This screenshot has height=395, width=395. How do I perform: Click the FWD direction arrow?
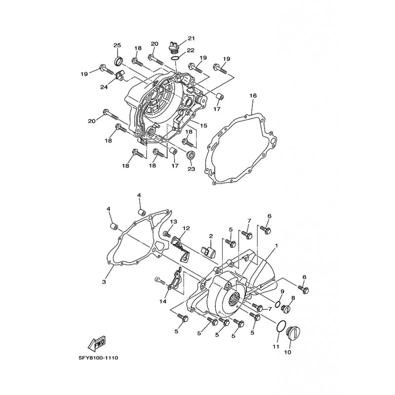tap(97, 342)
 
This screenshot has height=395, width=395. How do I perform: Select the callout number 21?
tap(192, 39)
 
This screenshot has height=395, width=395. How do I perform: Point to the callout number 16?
tap(252, 96)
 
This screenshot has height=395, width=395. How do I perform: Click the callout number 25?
tap(117, 45)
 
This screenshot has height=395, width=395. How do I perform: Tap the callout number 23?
tap(191, 169)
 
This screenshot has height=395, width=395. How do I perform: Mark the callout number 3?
tap(104, 282)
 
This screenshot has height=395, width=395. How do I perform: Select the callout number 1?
tap(277, 245)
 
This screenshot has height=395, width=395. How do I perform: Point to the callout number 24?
tap(104, 87)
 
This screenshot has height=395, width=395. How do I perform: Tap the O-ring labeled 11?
tap(279, 326)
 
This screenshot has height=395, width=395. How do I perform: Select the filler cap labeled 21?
tap(174, 47)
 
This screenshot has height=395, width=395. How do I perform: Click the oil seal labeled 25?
tap(118, 61)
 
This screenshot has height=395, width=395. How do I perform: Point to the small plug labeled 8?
tap(284, 309)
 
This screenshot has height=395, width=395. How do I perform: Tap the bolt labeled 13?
tap(167, 235)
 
